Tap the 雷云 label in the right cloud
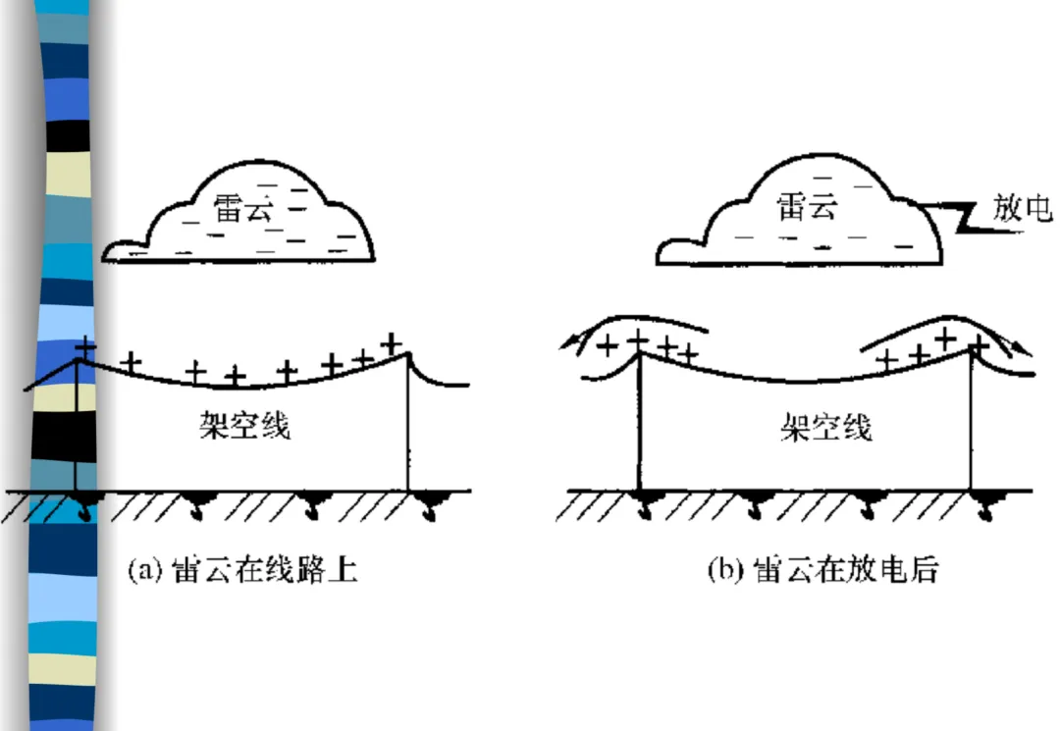tap(807, 207)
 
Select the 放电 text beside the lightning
tap(1023, 209)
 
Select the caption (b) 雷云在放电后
tap(823, 570)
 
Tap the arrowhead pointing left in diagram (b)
tap(568, 340)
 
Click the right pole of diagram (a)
tap(408, 422)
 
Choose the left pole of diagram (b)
tap(640, 422)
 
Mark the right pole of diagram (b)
tap(972, 422)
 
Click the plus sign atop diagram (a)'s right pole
tap(393, 342)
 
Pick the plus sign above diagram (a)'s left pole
tap(86, 346)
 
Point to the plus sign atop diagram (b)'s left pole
tap(639, 339)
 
